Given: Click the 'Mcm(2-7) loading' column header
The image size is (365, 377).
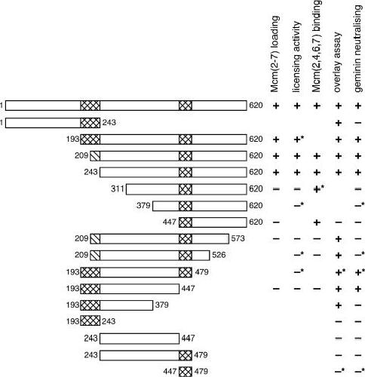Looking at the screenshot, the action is click(x=275, y=54).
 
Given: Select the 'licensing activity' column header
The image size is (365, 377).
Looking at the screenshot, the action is click(x=297, y=57).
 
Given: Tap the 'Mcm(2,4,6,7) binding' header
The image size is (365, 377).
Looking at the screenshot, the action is click(x=317, y=46).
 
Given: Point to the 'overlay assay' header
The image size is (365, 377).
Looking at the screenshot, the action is click(x=338, y=62).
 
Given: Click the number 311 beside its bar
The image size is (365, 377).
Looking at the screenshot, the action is click(x=118, y=188).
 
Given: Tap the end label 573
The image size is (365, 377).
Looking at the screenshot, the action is click(x=238, y=238).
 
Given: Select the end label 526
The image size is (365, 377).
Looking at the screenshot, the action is click(x=219, y=255).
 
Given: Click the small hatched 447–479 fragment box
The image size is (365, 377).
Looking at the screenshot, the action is click(x=186, y=372).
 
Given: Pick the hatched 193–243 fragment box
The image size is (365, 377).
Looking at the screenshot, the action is click(x=90, y=321).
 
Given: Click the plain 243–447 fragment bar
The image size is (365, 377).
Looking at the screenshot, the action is click(x=140, y=339).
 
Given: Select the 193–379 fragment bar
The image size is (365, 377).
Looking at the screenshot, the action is click(x=117, y=305).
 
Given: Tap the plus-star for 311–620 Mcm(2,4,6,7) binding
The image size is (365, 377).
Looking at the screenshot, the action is click(x=318, y=188).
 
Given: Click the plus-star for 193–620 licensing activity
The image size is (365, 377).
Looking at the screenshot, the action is click(x=299, y=139).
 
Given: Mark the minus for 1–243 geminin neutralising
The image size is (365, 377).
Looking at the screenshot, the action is click(x=358, y=123).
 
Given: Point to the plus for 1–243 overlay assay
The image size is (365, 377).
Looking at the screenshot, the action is click(x=339, y=123).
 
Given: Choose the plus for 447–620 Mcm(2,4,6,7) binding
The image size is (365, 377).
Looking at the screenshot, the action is click(x=317, y=222).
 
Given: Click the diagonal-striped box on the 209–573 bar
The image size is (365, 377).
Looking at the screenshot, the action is click(x=95, y=238).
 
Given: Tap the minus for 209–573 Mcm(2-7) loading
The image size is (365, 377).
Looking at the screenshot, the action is click(x=276, y=238).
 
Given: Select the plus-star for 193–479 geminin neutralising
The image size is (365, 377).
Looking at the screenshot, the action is click(x=360, y=272).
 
